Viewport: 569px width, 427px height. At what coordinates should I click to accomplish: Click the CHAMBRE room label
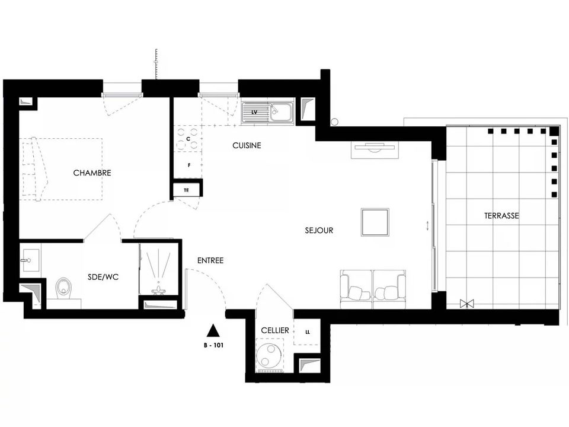pos(92,173)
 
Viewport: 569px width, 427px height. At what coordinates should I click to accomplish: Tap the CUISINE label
pos(247,146)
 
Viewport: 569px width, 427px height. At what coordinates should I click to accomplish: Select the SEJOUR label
pos(319,230)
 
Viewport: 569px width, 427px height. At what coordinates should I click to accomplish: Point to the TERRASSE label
pos(501,216)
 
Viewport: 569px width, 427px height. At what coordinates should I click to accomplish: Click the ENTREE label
pos(210,260)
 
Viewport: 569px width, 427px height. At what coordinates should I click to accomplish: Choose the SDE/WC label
pos(103,277)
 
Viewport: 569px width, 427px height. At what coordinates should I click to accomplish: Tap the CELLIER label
pos(275,330)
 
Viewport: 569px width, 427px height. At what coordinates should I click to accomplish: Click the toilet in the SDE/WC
pos(64,289)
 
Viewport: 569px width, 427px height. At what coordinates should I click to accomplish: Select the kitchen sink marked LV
pos(268,113)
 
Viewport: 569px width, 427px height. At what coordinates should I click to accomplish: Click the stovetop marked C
pos(188,139)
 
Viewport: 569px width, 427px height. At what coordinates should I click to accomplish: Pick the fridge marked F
pos(188,165)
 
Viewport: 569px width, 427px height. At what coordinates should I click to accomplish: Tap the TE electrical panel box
pos(187,190)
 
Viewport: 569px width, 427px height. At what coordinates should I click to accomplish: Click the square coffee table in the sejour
pos(375,222)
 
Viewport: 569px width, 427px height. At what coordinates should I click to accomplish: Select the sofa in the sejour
pos(373,289)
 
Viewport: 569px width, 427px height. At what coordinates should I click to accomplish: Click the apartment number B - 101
pos(213,345)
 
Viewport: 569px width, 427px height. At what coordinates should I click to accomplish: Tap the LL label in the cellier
pos(308,332)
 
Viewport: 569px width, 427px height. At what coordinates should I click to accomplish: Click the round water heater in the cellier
pos(269,354)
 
